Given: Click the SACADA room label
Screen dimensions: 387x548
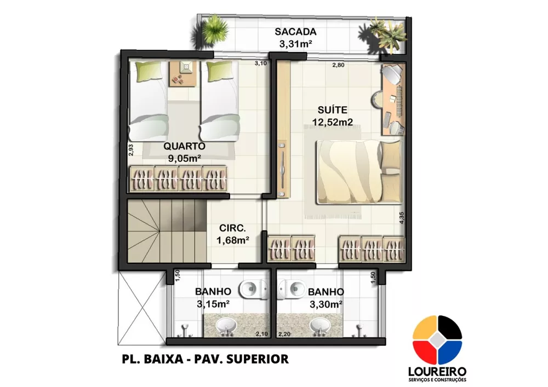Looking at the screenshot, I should coord(296,32).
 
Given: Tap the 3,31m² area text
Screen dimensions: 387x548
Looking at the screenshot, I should coord(296,44).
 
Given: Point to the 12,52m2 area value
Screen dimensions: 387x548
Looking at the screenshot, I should coord(328,123).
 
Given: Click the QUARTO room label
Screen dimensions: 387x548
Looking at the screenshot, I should coord(184,146).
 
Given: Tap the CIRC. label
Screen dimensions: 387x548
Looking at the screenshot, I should coord(232,228).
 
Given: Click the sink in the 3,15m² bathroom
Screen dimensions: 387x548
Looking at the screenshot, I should coord(226,326).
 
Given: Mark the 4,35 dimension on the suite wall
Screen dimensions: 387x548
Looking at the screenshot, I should coord(402,218).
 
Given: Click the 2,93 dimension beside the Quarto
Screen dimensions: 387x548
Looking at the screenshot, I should coord(131,150).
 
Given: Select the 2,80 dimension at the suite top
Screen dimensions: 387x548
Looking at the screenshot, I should coord(338,66).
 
